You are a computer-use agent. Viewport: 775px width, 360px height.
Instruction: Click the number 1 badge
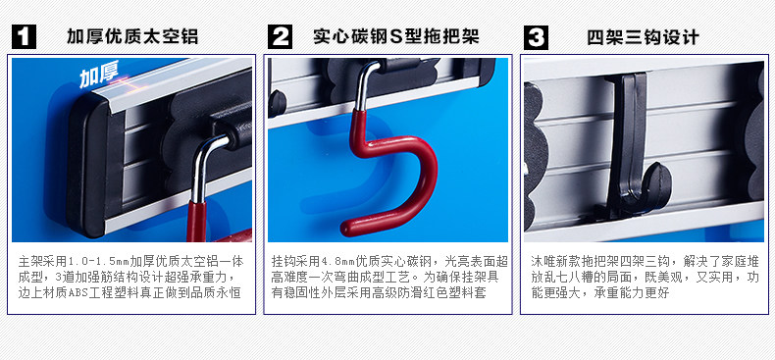click(24, 37)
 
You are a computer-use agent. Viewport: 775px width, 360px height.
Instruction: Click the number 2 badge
click(280, 37)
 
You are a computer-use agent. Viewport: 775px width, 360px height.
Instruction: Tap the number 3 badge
click(536, 37)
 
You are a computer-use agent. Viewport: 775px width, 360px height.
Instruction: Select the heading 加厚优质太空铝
click(132, 37)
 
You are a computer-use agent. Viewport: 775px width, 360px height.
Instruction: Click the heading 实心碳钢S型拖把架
click(396, 37)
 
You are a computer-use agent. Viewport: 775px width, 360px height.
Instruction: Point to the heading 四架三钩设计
click(643, 37)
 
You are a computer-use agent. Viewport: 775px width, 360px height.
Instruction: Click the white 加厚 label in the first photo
click(98, 77)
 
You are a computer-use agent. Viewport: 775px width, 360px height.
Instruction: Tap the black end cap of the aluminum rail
click(88, 163)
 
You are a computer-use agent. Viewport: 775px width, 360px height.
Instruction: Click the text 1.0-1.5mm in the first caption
click(98, 261)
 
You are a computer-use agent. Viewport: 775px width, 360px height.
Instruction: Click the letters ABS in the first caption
click(77, 293)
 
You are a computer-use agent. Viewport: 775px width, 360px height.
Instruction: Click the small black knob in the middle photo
click(277, 103)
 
